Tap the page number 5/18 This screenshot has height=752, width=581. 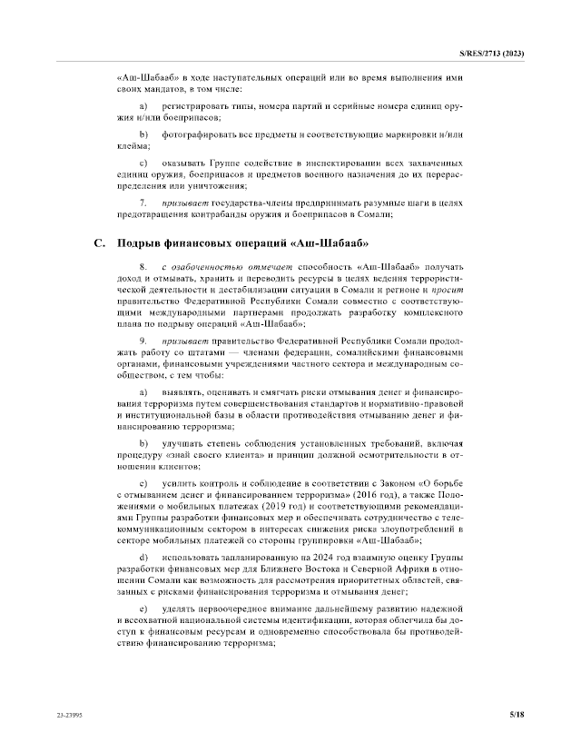517,716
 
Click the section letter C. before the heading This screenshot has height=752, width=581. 100,243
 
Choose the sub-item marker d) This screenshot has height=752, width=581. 143,555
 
